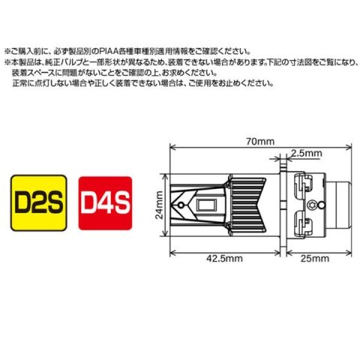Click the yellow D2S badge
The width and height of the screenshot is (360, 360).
(39, 202)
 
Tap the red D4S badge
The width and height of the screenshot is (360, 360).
(105, 203)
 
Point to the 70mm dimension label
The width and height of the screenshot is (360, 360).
(260, 142)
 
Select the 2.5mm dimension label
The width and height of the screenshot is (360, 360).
(307, 153)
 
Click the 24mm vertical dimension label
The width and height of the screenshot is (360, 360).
(159, 205)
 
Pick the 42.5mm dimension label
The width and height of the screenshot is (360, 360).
(224, 258)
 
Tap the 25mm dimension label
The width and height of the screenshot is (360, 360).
(315, 258)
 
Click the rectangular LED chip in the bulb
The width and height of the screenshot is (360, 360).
(206, 205)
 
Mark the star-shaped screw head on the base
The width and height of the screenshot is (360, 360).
(312, 204)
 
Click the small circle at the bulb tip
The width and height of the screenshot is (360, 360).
(181, 205)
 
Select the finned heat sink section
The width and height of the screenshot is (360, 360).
(246, 205)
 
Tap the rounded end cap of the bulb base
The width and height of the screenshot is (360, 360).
(339, 205)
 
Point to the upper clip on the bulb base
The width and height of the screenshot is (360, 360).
(303, 185)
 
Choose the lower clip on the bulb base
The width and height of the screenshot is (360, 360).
(303, 223)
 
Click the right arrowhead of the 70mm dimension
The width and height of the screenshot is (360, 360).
(349, 148)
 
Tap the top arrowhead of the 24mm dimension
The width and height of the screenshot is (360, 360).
(165, 176)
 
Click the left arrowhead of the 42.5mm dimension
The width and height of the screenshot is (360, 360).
(172, 253)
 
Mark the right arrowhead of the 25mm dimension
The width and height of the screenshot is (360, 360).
(349, 253)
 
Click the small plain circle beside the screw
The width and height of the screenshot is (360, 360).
(322, 205)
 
